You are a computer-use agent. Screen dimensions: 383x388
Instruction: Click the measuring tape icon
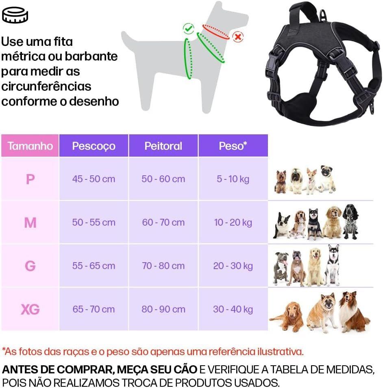point(15,15)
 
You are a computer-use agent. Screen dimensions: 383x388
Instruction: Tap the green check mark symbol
point(188,28)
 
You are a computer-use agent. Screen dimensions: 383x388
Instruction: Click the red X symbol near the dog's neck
point(238,37)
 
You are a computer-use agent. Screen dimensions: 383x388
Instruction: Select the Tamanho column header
point(30,146)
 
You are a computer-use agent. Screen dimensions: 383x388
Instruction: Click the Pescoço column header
point(94,146)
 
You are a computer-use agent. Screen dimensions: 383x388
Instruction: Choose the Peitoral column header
point(163,146)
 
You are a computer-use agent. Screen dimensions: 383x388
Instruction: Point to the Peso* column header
point(233,146)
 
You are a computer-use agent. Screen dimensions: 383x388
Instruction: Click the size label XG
point(30,309)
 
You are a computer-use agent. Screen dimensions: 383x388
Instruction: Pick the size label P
point(30,179)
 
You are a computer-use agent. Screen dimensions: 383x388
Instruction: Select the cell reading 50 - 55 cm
point(94,222)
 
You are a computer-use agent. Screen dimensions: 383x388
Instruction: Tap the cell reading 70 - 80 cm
point(163,266)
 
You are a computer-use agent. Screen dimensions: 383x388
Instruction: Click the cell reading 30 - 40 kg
point(233,309)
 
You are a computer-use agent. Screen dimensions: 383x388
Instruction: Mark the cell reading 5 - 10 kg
point(233,179)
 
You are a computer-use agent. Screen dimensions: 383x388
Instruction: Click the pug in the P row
point(328,179)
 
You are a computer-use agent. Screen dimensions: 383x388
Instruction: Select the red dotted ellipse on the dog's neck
point(216,32)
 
